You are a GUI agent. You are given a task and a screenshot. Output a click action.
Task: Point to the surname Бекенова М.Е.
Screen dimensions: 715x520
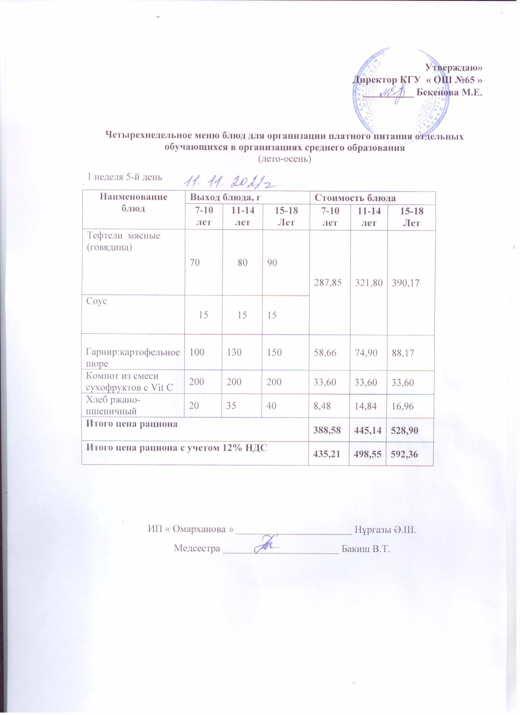[449, 92]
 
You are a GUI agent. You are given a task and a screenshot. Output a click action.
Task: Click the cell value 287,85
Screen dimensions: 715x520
[329, 283]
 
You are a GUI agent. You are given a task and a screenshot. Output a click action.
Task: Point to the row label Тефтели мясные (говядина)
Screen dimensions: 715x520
[123, 241]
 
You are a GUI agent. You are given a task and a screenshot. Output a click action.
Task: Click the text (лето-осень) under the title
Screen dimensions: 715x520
[284, 160]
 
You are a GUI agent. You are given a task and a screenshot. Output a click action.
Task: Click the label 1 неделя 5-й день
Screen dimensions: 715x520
[125, 177]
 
